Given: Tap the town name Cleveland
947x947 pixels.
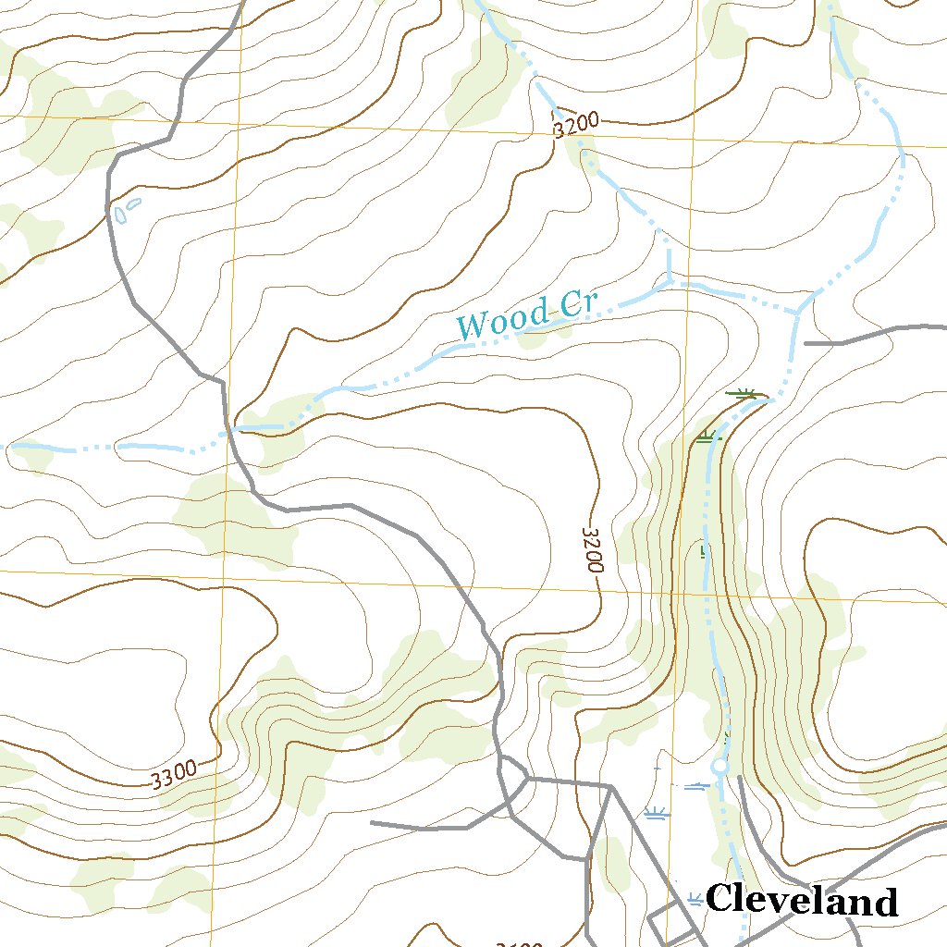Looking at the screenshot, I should coord(801,900).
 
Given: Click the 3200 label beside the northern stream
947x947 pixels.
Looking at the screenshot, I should coord(576,124).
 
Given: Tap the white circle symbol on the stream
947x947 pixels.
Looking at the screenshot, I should coord(719,767).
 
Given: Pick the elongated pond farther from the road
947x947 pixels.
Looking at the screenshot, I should coord(134,203).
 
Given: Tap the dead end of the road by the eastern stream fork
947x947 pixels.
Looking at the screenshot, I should coord(806,343).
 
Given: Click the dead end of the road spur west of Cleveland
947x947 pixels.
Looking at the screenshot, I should coord(372,822).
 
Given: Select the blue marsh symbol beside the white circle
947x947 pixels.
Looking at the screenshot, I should coord(696,785).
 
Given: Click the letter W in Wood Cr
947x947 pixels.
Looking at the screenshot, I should coord(473,326).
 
